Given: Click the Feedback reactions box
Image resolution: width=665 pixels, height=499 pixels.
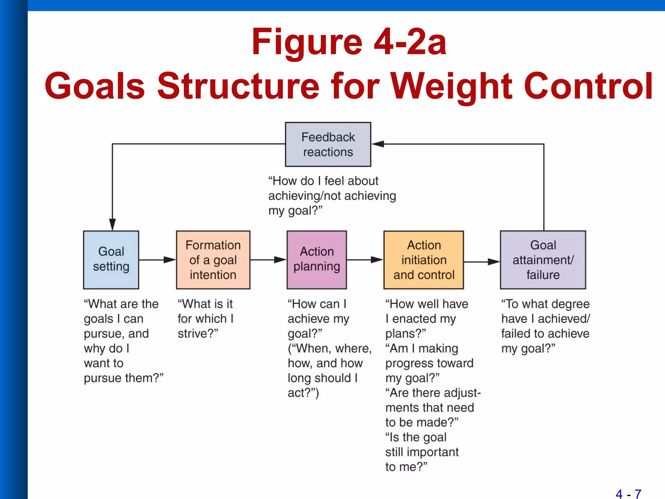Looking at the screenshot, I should click(328, 145).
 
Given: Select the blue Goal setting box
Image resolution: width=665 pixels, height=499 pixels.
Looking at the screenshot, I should click(111, 260).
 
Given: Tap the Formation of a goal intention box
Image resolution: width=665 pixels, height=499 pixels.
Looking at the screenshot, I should click(213, 260).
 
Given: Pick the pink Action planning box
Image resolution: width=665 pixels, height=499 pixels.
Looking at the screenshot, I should click(317, 260).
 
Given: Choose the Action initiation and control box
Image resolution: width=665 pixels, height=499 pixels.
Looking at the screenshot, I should click(424, 260).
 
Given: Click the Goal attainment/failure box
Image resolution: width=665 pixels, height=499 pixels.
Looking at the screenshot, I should click(543, 260).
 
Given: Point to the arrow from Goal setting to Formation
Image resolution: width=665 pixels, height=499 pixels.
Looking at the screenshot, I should click(157, 260).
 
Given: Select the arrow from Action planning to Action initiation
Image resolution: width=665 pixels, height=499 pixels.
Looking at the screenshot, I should click(365, 260).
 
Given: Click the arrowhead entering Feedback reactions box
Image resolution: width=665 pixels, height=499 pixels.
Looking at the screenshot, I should click(378, 144).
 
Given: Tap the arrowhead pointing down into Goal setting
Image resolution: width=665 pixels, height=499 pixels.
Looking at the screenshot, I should click(112, 224).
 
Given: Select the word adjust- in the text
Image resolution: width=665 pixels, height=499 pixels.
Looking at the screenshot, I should click(462, 393).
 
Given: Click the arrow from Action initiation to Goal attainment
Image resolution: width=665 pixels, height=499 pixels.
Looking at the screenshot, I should click(482, 262).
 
